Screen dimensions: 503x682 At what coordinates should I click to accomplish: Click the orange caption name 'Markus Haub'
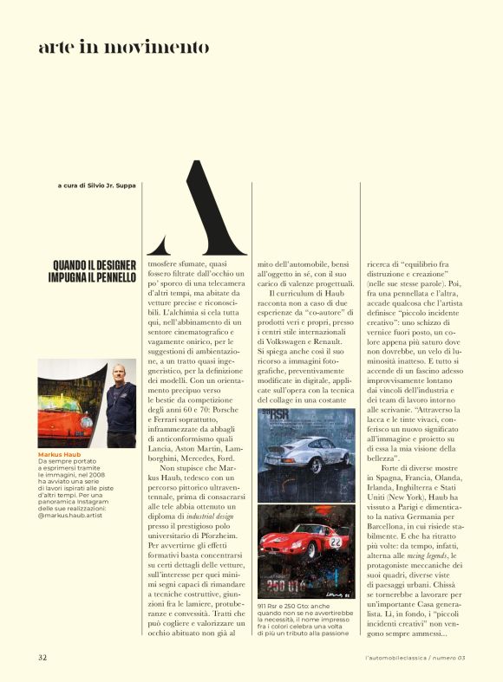59,454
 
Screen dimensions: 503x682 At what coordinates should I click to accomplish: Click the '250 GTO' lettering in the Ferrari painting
287,587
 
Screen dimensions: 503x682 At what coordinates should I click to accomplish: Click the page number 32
42,658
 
